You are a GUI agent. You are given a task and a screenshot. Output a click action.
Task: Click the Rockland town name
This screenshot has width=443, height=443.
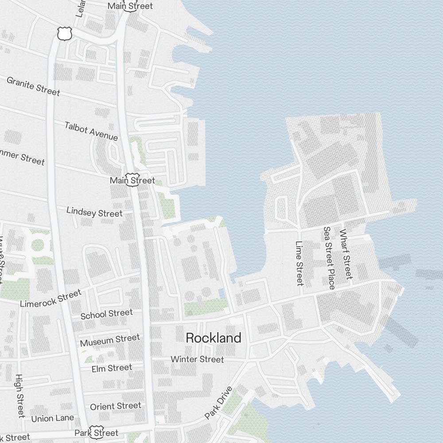pos(214,338)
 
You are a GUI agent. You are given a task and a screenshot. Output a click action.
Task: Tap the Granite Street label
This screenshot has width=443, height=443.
pos(33,86)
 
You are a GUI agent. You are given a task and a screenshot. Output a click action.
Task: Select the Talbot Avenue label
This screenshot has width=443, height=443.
pos(91,131)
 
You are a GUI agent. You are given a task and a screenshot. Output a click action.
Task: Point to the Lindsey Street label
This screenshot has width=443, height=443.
pos(94,212)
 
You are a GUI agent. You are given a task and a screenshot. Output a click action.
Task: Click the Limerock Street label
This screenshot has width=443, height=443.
pos(51,299)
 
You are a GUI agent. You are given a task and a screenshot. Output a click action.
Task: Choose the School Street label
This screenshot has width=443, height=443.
pos(106,314)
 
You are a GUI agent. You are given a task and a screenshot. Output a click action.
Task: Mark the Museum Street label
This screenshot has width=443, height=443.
pos(110,340)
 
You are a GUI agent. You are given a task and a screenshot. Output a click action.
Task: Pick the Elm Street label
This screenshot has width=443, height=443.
pos(112,368)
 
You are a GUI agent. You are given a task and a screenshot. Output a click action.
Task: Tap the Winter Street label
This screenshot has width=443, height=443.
pos(197,359)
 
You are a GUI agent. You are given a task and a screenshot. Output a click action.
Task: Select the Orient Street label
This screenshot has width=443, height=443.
pos(116,406)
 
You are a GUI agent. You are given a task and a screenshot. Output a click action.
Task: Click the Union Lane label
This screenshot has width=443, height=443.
pos(52,418)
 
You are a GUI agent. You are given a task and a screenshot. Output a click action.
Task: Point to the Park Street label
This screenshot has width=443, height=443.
pos(102,432)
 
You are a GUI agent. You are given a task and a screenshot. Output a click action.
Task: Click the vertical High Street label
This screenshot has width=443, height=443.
pos(19,396)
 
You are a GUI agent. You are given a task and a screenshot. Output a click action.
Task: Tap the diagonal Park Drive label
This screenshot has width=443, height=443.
pos(218,403)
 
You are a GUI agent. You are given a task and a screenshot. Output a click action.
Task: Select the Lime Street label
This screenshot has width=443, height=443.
pos(299,263)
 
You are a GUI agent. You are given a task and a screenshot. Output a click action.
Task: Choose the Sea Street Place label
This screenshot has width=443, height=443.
pos(329,258)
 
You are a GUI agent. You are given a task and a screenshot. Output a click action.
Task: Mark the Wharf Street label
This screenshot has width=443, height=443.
pos(346,254)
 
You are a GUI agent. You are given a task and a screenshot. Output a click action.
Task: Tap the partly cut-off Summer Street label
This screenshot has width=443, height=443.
pos(22,157)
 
